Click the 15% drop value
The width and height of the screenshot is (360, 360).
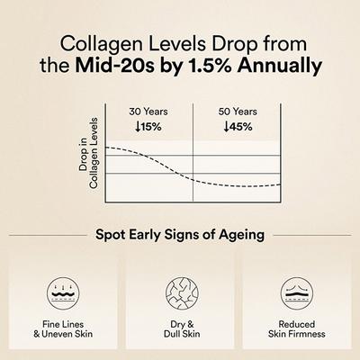tap(151, 127)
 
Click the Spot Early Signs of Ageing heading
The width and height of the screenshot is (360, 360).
tap(179, 236)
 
